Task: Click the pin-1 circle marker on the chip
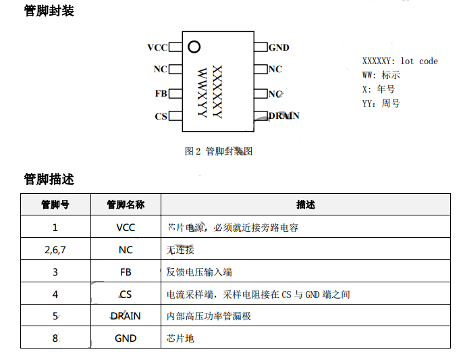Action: pos(194,47)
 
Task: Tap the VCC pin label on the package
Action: pos(157,47)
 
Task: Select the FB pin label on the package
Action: pos(161,94)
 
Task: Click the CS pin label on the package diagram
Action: pos(161,116)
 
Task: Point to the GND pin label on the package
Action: pos(279,47)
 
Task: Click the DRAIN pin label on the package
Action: pos(283,115)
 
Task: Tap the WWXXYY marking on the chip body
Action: pos(202,92)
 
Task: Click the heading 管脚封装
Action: pos(49,11)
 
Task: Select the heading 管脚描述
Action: pos(49,179)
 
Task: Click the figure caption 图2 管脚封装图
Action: pos(218,151)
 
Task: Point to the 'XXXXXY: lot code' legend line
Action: pos(400,61)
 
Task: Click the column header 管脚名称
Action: pos(126,205)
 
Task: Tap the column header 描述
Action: pos(306,205)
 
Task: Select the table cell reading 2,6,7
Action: pos(55,250)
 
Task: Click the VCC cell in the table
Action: pos(126,228)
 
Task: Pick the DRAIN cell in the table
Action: pos(126,315)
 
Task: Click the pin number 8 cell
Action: pos(55,338)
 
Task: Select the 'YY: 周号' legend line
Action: pos(381,103)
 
